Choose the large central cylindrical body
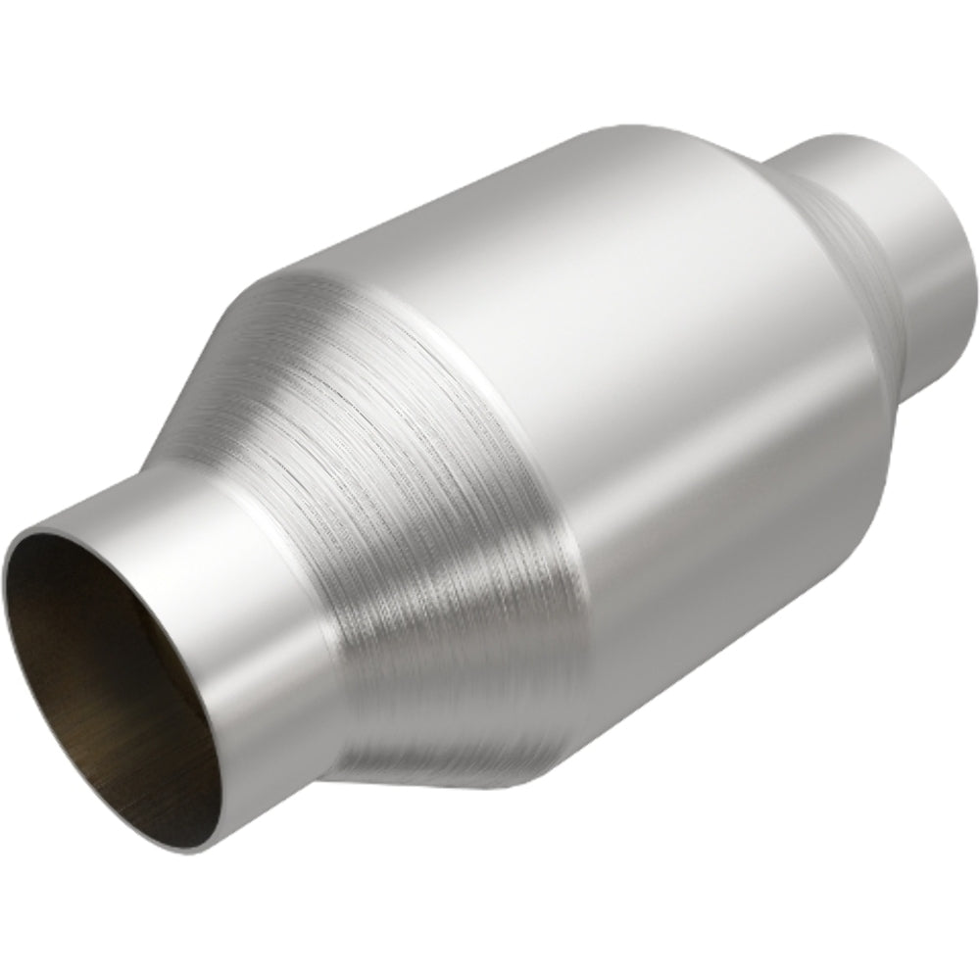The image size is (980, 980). tap(608, 392)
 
